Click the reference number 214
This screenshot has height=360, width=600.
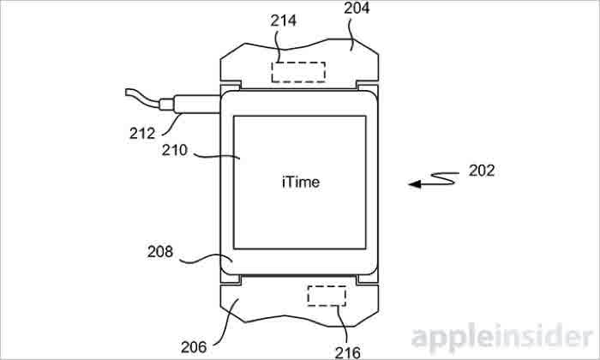pyautogui.click(x=283, y=21)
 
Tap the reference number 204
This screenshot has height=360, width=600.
pyautogui.click(x=357, y=8)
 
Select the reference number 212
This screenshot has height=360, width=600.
pyautogui.click(x=142, y=133)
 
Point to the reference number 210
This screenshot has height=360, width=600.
pyautogui.click(x=175, y=150)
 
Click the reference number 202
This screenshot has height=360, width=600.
pyautogui.click(x=482, y=171)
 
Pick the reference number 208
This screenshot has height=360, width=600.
pyautogui.click(x=160, y=252)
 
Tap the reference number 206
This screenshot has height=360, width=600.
pyautogui.click(x=194, y=347)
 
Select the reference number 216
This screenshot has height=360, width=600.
pyautogui.click(x=347, y=353)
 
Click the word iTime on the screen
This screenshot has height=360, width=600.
pyautogui.click(x=300, y=182)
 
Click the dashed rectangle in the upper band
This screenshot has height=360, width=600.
pyautogui.click(x=298, y=72)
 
